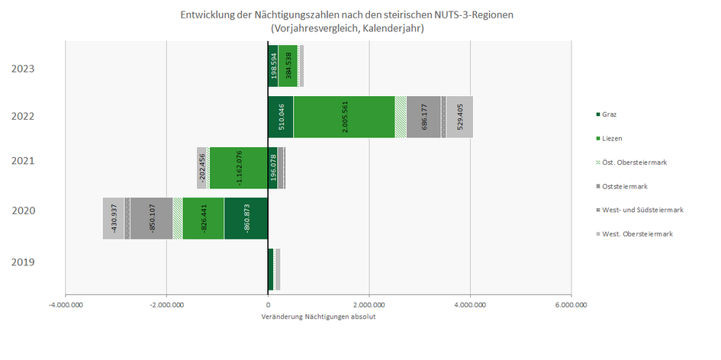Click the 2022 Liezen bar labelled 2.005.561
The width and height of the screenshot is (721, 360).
[x=343, y=117]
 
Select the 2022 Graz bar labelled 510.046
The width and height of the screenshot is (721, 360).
[x=280, y=117]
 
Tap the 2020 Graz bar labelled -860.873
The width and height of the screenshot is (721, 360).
[x=246, y=218]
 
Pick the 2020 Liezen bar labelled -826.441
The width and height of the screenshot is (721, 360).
[x=203, y=218]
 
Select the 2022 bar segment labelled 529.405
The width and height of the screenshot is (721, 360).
[x=459, y=117]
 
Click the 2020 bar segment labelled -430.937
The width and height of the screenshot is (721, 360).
[x=114, y=218]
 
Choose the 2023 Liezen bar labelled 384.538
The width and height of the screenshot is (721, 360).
[x=288, y=66]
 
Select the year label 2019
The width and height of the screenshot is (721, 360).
[x=23, y=263]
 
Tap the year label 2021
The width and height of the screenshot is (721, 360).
[x=23, y=162]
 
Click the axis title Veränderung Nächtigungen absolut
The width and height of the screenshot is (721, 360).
[x=318, y=317]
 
